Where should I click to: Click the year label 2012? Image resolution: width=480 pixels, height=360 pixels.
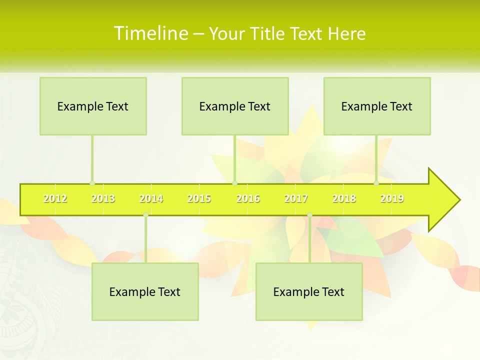pos(55,199)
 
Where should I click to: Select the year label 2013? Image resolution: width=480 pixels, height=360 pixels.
pos(103,199)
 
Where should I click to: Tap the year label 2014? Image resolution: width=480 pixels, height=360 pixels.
pos(151,199)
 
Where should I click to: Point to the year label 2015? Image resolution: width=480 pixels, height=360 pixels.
pos(199,199)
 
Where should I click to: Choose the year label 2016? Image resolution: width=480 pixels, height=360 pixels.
pos(248,199)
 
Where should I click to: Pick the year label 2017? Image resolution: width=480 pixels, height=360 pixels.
pos(296,199)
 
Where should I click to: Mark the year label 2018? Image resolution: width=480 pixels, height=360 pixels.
pos(344,199)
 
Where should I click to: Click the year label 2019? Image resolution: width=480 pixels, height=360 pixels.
pos(392,199)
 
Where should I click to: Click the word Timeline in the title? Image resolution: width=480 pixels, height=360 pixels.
pos(150,33)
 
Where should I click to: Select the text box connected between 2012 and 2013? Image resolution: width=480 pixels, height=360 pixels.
pos(93,106)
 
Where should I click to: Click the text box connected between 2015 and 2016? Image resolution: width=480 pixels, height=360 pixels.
pos(235,106)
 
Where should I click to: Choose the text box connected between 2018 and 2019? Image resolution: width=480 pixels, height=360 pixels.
pos(377,106)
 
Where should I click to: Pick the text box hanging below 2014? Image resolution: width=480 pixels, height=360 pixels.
pos(145,291)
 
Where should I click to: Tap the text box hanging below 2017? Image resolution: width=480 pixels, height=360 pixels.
pos(309,291)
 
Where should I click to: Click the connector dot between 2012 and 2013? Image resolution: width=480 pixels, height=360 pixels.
pos(92,183)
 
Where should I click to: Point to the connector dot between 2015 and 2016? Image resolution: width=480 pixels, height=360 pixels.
pos(234,183)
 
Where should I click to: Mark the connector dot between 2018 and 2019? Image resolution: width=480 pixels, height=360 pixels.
pos(376,183)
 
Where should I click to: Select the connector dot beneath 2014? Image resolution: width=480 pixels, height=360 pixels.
pos(145,215)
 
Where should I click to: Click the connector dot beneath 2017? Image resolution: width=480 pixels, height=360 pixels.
pos(309,215)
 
